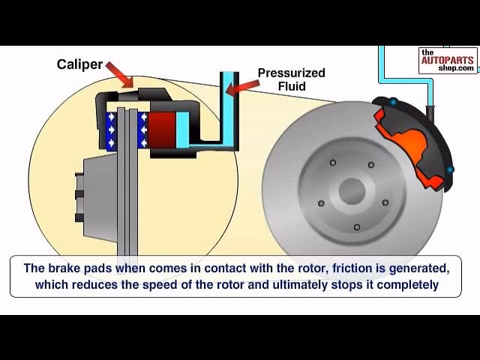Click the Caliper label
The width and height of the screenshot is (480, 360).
click(79, 64)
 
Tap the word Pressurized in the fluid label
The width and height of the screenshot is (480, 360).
click(291, 73)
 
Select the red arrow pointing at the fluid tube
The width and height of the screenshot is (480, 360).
click(241, 88)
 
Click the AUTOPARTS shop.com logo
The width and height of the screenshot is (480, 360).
click(447, 60)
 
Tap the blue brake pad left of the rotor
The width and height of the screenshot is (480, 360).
click(114, 131)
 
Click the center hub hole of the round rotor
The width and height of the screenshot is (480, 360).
click(350, 190)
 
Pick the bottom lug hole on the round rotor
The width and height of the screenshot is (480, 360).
click(356, 226)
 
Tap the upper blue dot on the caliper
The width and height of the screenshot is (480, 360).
click(391, 101)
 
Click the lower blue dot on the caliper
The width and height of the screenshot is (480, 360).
click(450, 170)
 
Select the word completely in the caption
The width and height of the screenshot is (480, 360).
click(409, 285)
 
